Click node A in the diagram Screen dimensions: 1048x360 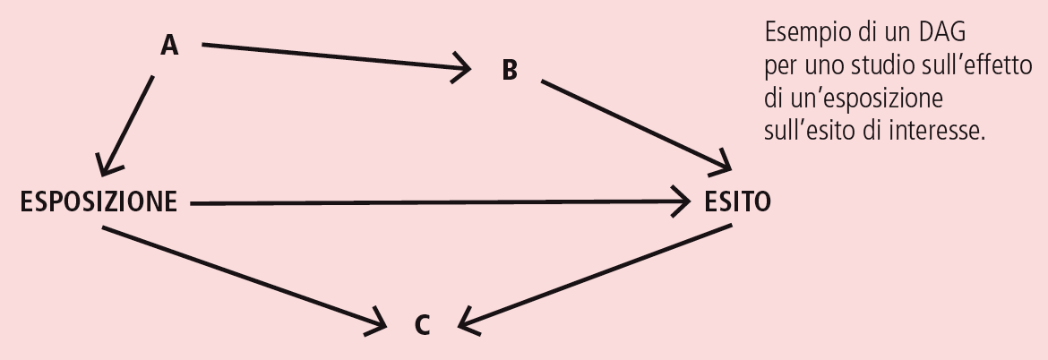click(x=169, y=46)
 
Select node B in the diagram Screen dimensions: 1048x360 click(x=510, y=71)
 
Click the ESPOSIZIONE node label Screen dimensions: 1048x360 click(x=99, y=202)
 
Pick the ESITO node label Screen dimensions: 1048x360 click(x=736, y=202)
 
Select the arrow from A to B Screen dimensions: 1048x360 click(x=336, y=56)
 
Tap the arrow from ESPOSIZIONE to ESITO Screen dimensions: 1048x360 click(x=439, y=203)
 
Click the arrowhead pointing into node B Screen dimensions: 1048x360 click(x=465, y=66)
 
